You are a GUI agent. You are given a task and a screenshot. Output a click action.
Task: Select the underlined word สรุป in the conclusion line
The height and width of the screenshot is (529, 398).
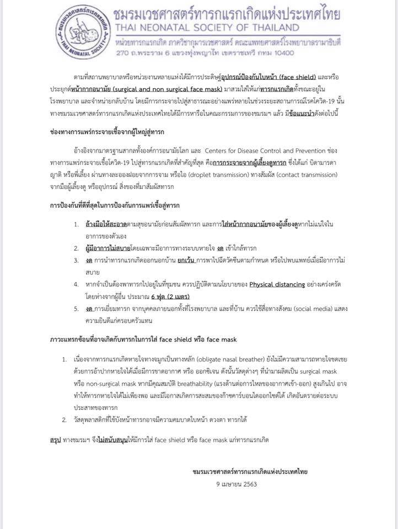point(55,440)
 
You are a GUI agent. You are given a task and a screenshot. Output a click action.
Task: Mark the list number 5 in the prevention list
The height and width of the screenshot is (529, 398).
point(77,309)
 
